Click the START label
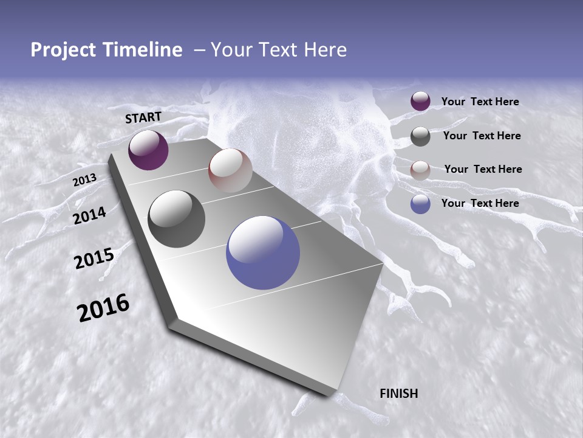(x=143, y=117)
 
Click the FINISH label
(x=398, y=394)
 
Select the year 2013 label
(x=84, y=180)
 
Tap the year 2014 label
(x=90, y=215)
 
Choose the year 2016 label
(x=103, y=308)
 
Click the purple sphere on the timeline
(x=148, y=150)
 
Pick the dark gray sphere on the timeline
(x=176, y=219)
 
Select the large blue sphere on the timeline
(x=263, y=252)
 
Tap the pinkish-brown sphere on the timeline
(x=230, y=170)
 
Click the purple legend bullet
(x=420, y=102)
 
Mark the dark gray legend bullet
(x=420, y=136)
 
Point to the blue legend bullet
(x=420, y=204)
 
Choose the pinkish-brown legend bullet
(x=420, y=170)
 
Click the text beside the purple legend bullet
(x=480, y=102)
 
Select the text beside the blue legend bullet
(x=480, y=203)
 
